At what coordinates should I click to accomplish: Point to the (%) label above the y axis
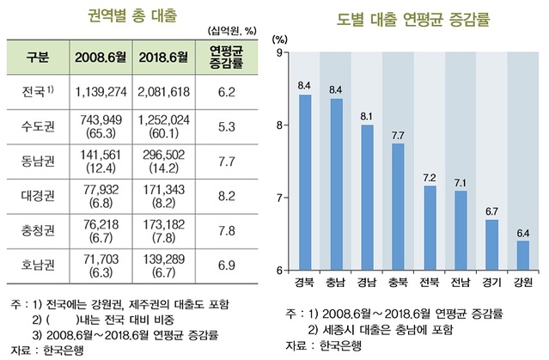click(278, 39)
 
